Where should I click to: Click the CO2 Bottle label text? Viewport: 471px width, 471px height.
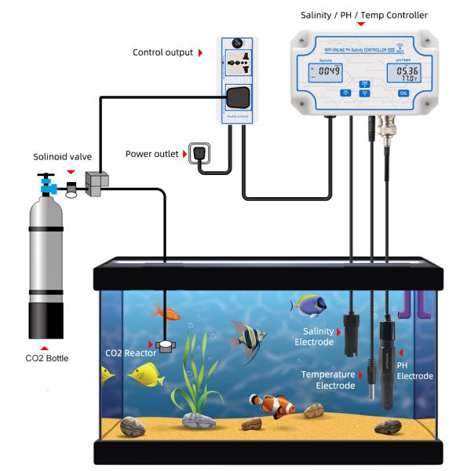click(x=47, y=358)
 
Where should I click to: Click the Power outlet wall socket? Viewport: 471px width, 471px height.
click(x=199, y=153)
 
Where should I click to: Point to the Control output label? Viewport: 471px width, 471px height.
click(x=162, y=53)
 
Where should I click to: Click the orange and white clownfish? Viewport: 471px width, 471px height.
click(x=272, y=405)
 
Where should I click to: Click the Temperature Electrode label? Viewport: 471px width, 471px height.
click(x=328, y=380)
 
